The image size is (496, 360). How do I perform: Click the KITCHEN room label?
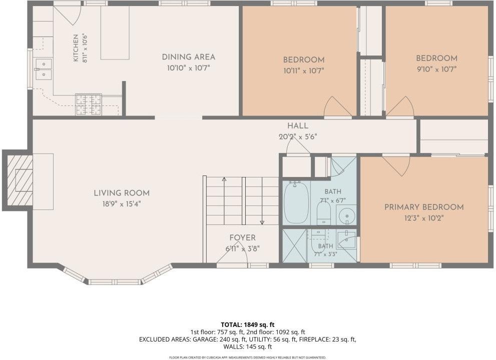(76, 47)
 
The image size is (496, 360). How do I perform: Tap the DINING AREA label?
(189, 57)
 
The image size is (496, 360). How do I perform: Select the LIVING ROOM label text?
(122, 193)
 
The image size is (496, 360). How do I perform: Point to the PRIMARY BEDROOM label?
(424, 207)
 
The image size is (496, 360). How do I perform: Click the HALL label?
(298, 126)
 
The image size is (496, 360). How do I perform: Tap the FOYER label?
(243, 238)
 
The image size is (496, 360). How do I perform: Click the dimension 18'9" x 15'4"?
(122, 204)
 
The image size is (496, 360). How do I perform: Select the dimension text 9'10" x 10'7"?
(436, 69)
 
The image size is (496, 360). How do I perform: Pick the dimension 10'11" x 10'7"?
(304, 71)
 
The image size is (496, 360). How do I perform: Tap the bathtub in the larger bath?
(296, 202)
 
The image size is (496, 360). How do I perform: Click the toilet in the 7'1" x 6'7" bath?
(324, 212)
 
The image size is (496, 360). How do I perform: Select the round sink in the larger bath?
(346, 215)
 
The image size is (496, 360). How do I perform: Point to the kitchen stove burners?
(88, 104)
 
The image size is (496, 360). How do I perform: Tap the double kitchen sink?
(44, 69)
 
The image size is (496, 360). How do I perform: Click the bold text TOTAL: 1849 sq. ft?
(248, 324)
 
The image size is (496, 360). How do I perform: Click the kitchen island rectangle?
(115, 32)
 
